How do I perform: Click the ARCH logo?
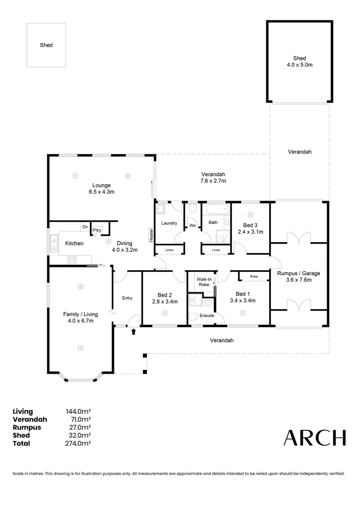314,438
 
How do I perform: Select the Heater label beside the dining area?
151,235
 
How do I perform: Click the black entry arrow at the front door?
133,332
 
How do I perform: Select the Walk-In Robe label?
204,282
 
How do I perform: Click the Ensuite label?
206,315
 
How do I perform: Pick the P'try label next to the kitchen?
97,230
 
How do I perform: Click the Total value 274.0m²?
78,443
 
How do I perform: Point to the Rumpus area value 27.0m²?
80,427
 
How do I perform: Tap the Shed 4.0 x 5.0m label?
299,61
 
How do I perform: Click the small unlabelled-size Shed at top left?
46,45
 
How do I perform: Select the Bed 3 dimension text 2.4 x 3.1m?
250,232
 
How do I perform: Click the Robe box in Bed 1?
254,276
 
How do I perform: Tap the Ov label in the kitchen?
85,227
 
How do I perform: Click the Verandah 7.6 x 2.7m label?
213,177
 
